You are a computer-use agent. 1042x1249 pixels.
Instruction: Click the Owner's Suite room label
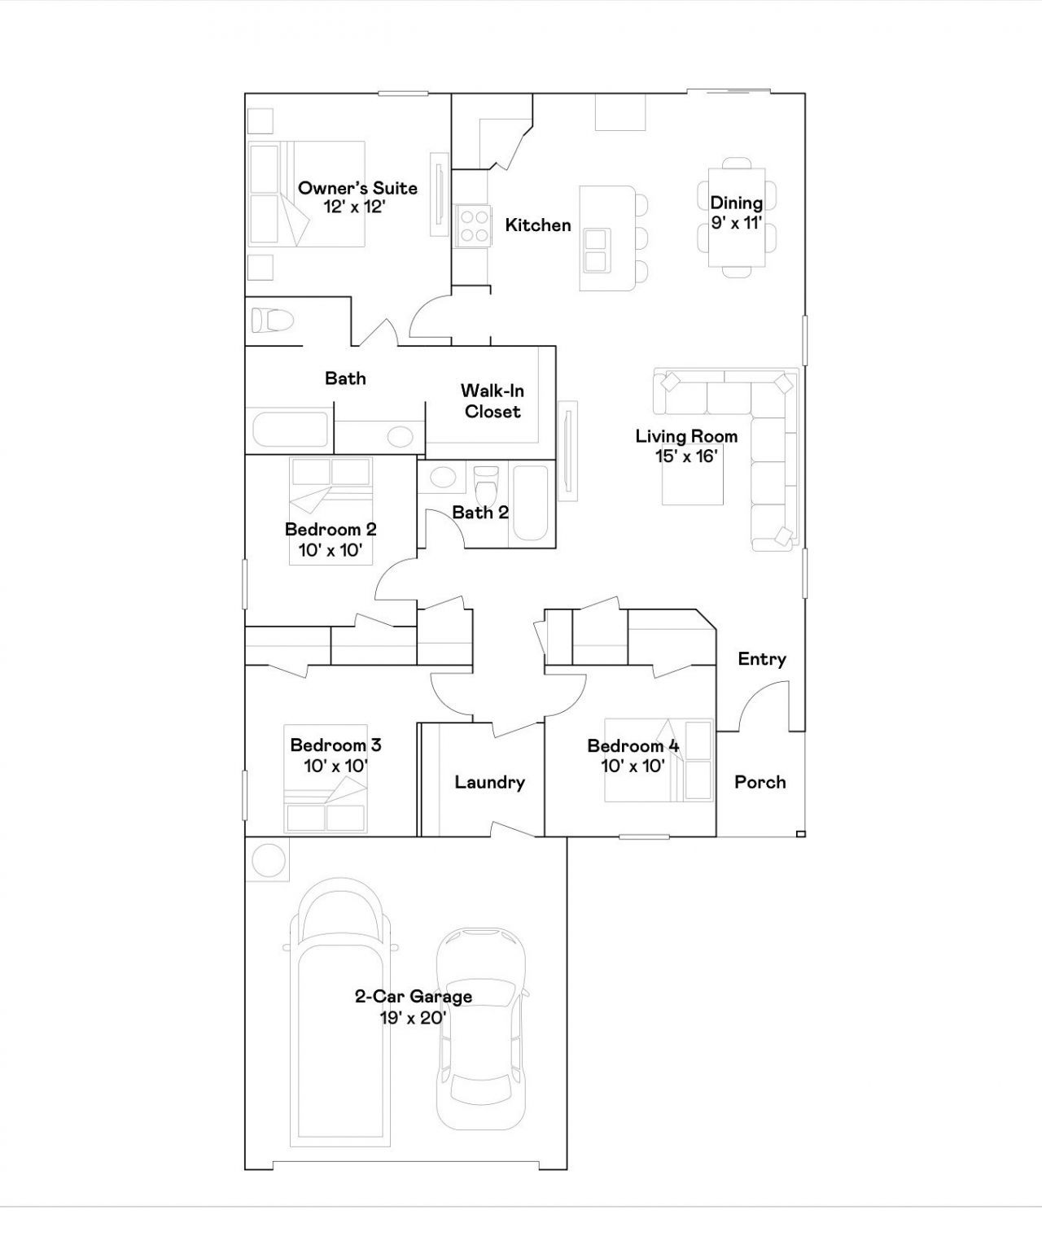[x=357, y=198]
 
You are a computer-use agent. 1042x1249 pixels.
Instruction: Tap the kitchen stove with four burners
[x=474, y=225]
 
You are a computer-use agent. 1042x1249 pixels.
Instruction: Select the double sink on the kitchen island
[x=596, y=251]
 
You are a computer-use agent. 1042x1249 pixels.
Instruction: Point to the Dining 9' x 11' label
[x=736, y=212]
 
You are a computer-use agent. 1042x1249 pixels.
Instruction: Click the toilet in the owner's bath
[x=273, y=320]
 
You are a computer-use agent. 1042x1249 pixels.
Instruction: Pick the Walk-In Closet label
[x=492, y=401]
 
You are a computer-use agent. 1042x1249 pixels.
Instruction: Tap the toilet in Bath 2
[x=486, y=484]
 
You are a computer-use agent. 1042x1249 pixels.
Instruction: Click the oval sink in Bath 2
[x=443, y=478]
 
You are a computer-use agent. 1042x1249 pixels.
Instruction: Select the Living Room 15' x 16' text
[x=686, y=446]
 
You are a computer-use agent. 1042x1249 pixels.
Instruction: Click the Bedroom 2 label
[x=331, y=539]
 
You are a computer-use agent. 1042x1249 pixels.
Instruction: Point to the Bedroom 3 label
[x=335, y=755]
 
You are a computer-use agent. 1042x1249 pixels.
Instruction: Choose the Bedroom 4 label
[x=633, y=755]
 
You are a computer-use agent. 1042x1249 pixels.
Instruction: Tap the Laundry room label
[x=489, y=782]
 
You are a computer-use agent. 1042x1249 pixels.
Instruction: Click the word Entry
[x=762, y=659]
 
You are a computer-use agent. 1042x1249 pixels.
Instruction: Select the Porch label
[x=760, y=782]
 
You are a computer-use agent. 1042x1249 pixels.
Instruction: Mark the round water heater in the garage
[x=268, y=860]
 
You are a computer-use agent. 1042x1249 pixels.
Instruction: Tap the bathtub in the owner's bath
[x=291, y=430]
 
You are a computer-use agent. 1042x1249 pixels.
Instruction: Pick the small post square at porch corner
[x=801, y=834]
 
